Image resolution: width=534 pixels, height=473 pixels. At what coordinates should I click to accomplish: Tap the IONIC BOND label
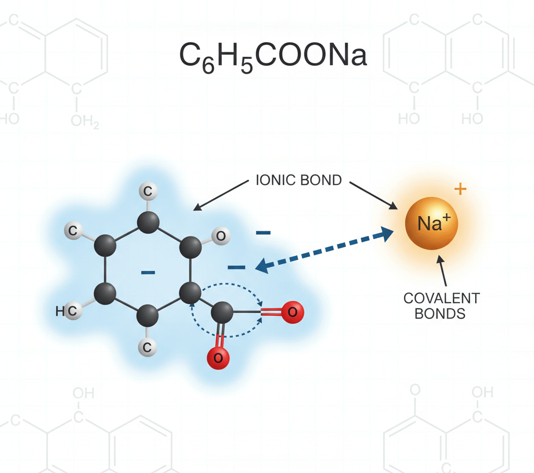click(x=299, y=180)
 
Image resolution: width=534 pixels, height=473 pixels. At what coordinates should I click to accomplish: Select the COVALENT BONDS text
click(x=441, y=306)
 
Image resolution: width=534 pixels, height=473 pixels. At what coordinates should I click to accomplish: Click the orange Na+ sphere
click(x=431, y=223)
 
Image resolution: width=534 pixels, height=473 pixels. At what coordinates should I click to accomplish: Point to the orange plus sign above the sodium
click(x=460, y=188)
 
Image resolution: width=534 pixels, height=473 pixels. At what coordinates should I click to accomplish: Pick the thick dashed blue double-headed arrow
click(x=324, y=250)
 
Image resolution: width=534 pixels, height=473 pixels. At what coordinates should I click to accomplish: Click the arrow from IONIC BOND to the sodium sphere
click(x=373, y=195)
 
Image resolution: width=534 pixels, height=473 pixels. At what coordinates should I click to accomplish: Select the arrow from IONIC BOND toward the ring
click(x=221, y=195)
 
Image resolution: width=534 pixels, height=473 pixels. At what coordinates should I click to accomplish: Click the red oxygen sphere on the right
click(x=293, y=312)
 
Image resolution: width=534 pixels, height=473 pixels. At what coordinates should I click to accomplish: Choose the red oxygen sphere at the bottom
click(x=219, y=358)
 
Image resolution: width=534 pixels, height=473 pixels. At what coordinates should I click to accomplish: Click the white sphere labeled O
click(x=221, y=235)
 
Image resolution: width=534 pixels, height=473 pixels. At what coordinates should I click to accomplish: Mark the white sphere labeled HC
click(x=72, y=310)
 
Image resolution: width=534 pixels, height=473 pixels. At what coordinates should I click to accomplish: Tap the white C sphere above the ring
click(x=148, y=191)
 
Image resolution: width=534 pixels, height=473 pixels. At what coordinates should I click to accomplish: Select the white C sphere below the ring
click(x=148, y=347)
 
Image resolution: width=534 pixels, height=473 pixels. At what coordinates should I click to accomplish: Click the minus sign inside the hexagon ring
click(x=148, y=272)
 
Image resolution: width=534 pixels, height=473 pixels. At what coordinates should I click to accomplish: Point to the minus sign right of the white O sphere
click(x=263, y=233)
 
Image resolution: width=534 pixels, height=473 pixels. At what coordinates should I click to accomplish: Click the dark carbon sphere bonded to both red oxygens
click(x=222, y=312)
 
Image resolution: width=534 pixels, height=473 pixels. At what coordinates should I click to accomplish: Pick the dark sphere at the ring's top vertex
click(x=148, y=222)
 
